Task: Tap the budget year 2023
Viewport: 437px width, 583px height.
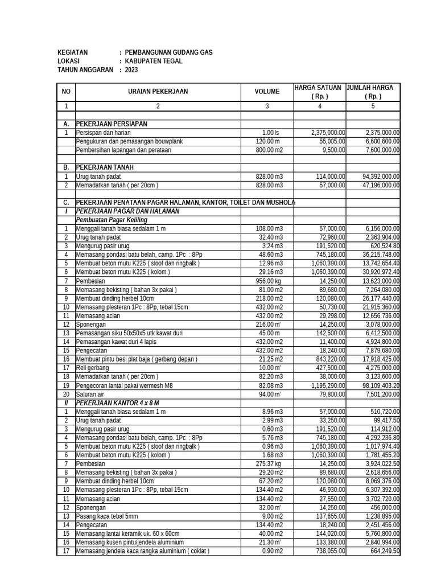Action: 131,70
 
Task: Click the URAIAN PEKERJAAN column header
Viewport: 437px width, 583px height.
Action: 158,92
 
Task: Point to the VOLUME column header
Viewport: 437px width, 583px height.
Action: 267,92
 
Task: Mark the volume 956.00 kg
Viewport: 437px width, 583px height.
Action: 270,281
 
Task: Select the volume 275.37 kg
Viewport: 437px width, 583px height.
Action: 270,463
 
